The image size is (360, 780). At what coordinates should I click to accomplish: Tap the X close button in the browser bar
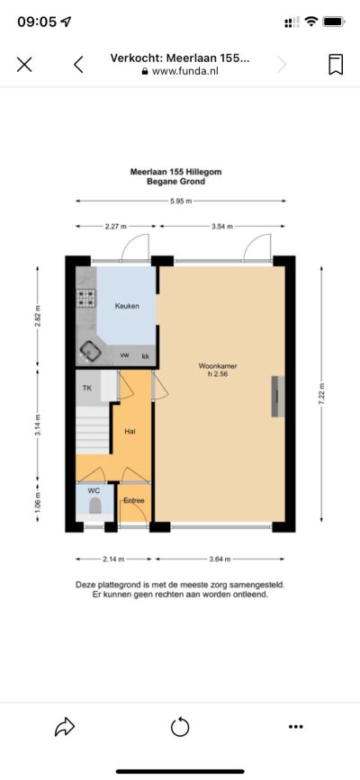tap(24, 65)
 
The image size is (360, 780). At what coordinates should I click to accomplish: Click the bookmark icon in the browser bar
tap(336, 65)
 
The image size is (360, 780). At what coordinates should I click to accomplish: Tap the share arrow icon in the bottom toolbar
tap(65, 727)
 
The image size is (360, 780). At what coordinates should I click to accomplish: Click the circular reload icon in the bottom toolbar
tap(180, 727)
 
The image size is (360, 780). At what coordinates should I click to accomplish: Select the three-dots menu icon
tap(296, 727)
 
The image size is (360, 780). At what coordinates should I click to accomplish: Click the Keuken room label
tap(127, 306)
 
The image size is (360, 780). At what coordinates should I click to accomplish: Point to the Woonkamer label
tap(218, 366)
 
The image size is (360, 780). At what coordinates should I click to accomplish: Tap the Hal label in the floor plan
tap(130, 431)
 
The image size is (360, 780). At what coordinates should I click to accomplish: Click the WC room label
tap(94, 491)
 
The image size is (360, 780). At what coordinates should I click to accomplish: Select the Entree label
tap(134, 500)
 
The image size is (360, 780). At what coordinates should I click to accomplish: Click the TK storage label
tap(87, 389)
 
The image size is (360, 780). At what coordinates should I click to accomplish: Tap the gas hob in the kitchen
tap(86, 298)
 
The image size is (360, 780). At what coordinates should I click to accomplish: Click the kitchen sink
tap(91, 351)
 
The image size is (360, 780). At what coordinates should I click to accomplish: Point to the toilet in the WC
tap(94, 507)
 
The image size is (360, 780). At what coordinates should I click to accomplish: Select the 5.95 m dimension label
tap(181, 201)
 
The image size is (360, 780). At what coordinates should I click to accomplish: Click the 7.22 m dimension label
tap(321, 395)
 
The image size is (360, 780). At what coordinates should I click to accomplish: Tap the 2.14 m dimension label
tap(114, 559)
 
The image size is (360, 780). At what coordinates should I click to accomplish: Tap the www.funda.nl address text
tap(185, 71)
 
